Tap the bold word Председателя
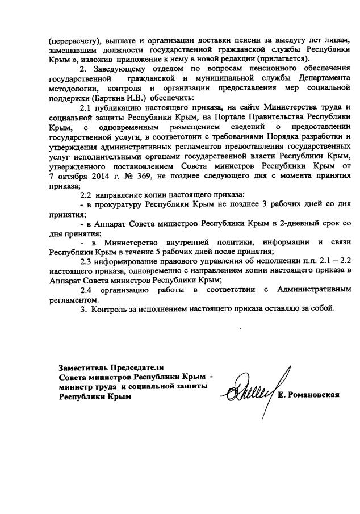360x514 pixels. (x=135, y=366)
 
